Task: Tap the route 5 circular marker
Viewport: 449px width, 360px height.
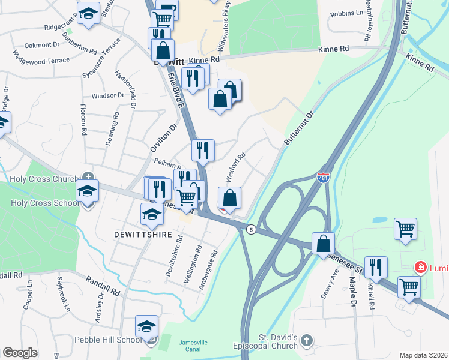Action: pos(250,229)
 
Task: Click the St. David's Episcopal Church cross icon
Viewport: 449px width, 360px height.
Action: pos(307,341)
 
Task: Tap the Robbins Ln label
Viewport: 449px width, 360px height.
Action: pos(346,13)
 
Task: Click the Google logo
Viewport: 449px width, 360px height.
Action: pos(19,353)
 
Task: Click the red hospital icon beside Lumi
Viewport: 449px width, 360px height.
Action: pos(421,267)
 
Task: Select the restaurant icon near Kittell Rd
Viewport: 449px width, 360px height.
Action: pos(376,266)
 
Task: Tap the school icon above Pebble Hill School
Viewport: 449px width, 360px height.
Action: pos(146,326)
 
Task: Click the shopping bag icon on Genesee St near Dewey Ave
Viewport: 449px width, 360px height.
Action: pos(324,243)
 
